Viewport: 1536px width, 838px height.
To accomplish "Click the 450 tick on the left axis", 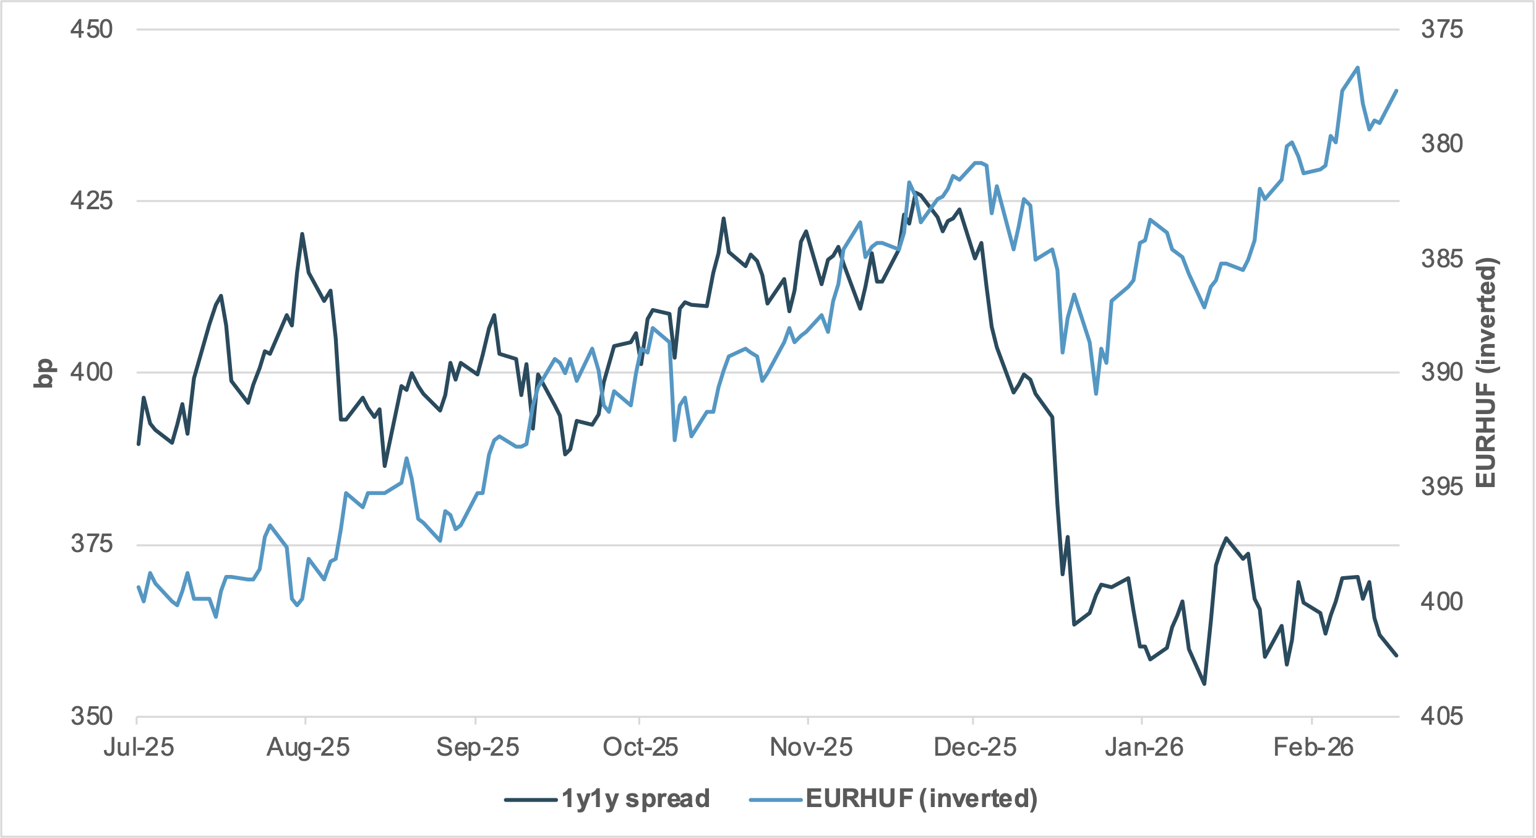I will click(91, 29).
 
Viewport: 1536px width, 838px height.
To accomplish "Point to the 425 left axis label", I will click(91, 201).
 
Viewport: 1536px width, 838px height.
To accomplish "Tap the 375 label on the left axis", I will click(91, 544).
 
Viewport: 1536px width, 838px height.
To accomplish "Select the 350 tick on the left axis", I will click(91, 716).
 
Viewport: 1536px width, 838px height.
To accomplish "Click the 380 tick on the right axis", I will click(1442, 144).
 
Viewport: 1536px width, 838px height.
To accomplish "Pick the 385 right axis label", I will click(1442, 258).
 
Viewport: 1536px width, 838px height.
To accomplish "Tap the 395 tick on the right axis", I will click(1442, 487).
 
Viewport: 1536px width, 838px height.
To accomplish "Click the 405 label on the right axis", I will click(1442, 716).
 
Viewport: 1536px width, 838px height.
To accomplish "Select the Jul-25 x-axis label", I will click(139, 748).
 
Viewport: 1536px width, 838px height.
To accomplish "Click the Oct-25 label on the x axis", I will click(640, 748).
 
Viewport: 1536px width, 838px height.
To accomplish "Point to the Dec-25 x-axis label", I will click(974, 748).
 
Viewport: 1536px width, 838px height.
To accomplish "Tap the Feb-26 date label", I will click(1313, 748).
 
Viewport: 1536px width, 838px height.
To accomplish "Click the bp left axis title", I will click(43, 373).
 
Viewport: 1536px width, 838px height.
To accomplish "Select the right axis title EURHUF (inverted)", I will click(1486, 373).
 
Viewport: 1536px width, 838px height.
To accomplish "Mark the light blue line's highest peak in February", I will click(1358, 67).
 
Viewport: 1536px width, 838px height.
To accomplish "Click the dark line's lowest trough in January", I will click(1204, 684).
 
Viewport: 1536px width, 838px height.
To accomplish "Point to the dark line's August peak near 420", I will click(302, 234).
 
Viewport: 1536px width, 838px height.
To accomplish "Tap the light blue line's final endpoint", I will click(1397, 91).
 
